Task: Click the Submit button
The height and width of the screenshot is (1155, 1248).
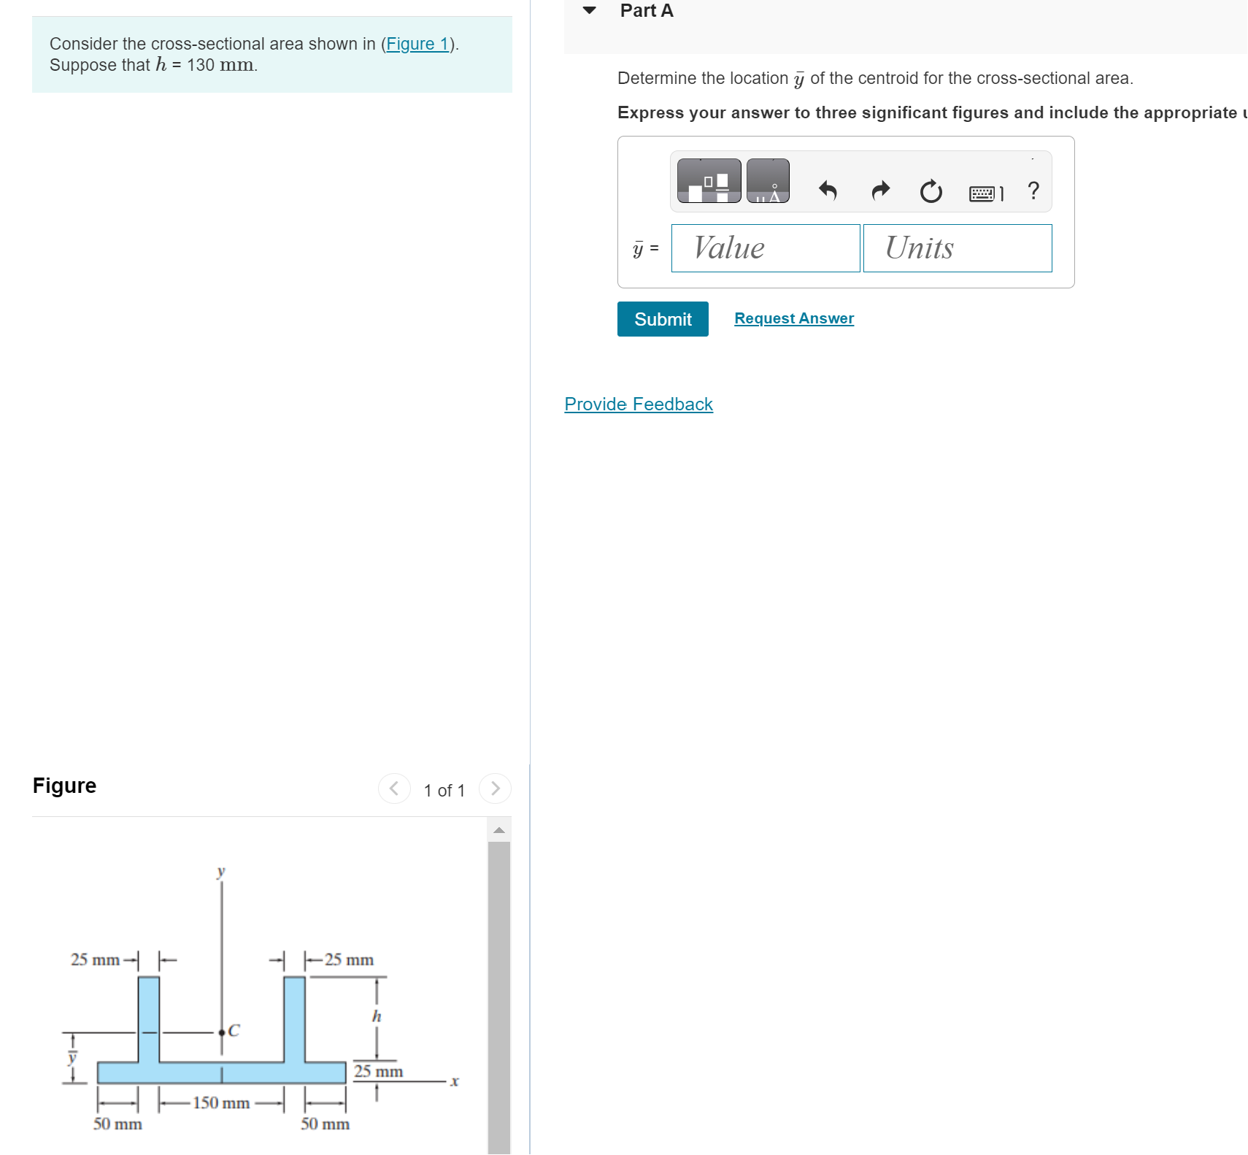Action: click(662, 319)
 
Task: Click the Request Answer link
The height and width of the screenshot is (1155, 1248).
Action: click(793, 318)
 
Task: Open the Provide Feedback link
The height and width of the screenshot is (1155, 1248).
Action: click(638, 404)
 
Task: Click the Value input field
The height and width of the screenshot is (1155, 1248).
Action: click(765, 248)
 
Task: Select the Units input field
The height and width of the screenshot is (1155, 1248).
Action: click(957, 248)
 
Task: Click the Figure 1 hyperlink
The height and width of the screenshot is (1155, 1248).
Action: click(417, 44)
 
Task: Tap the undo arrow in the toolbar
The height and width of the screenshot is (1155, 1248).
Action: click(827, 191)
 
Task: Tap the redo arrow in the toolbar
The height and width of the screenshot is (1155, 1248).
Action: click(881, 191)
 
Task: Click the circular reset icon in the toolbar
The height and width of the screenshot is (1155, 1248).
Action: click(931, 192)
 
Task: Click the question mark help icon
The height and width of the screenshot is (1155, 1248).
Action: click(1033, 191)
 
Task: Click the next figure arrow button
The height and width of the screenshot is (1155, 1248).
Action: click(495, 788)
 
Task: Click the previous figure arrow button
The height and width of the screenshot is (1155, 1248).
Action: click(394, 788)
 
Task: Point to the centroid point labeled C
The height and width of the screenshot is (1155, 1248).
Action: click(222, 1032)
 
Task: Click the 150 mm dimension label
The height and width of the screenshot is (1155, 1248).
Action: click(221, 1102)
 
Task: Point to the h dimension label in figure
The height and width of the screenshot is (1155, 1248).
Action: click(377, 1016)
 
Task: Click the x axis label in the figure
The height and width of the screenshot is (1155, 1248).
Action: click(454, 1081)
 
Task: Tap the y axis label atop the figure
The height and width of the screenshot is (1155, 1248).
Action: click(221, 871)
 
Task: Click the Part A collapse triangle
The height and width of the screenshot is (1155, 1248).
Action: click(590, 10)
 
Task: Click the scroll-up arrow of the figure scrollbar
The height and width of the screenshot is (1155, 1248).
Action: click(499, 830)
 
